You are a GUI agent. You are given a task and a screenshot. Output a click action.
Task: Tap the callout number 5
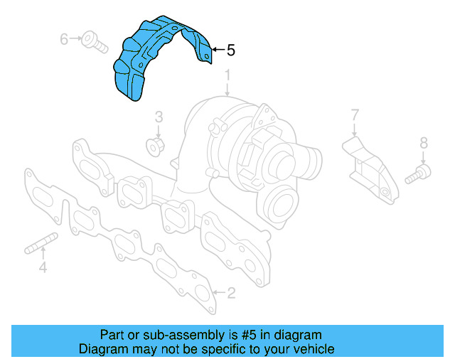[x=230, y=50]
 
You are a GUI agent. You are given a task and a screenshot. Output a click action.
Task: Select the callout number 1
[x=227, y=75]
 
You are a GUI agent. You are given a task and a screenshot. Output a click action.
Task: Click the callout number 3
[x=159, y=117]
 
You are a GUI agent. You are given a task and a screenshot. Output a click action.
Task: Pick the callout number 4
[x=43, y=268]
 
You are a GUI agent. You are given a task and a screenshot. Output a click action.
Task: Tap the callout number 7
[x=355, y=114]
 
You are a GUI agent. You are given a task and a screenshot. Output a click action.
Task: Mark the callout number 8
[x=424, y=143]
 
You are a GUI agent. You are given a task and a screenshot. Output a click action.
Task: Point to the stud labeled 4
[x=41, y=245]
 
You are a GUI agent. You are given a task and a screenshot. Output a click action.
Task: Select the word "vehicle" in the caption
[x=311, y=349]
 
